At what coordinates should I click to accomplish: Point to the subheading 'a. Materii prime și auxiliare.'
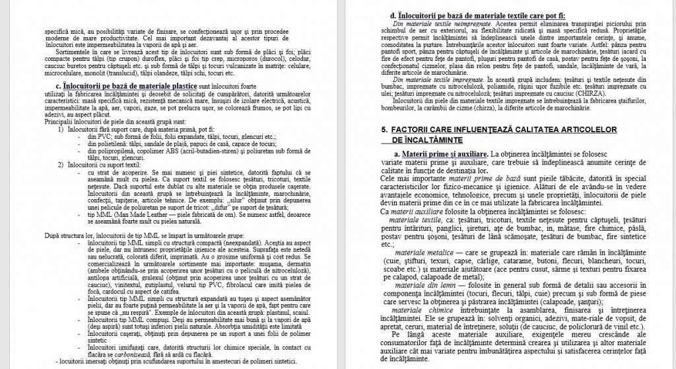pyautogui.click(x=442, y=154)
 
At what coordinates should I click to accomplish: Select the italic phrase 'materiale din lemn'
pyautogui.click(x=420, y=284)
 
